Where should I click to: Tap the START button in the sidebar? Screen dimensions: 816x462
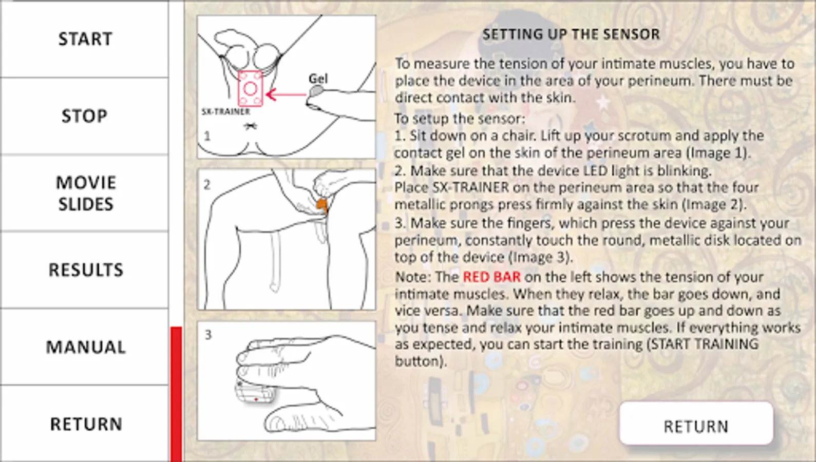pos(85,40)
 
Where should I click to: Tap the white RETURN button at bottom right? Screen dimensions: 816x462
pos(696,423)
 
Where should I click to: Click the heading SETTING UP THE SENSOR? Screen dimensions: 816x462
pos(571,34)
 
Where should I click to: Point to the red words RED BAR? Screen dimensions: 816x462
pos(492,277)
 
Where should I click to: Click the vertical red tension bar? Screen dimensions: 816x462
pos(176,394)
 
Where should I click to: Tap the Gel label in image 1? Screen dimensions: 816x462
pos(318,79)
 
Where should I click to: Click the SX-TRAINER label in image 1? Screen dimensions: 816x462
pos(226,112)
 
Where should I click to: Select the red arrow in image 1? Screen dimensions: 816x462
pos(286,94)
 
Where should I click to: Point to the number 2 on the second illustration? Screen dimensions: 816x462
pos(207,185)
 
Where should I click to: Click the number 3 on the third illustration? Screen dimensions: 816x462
pos(208,335)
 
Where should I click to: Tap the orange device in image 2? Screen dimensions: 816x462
pos(322,205)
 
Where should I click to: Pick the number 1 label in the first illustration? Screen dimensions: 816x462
pos(207,136)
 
